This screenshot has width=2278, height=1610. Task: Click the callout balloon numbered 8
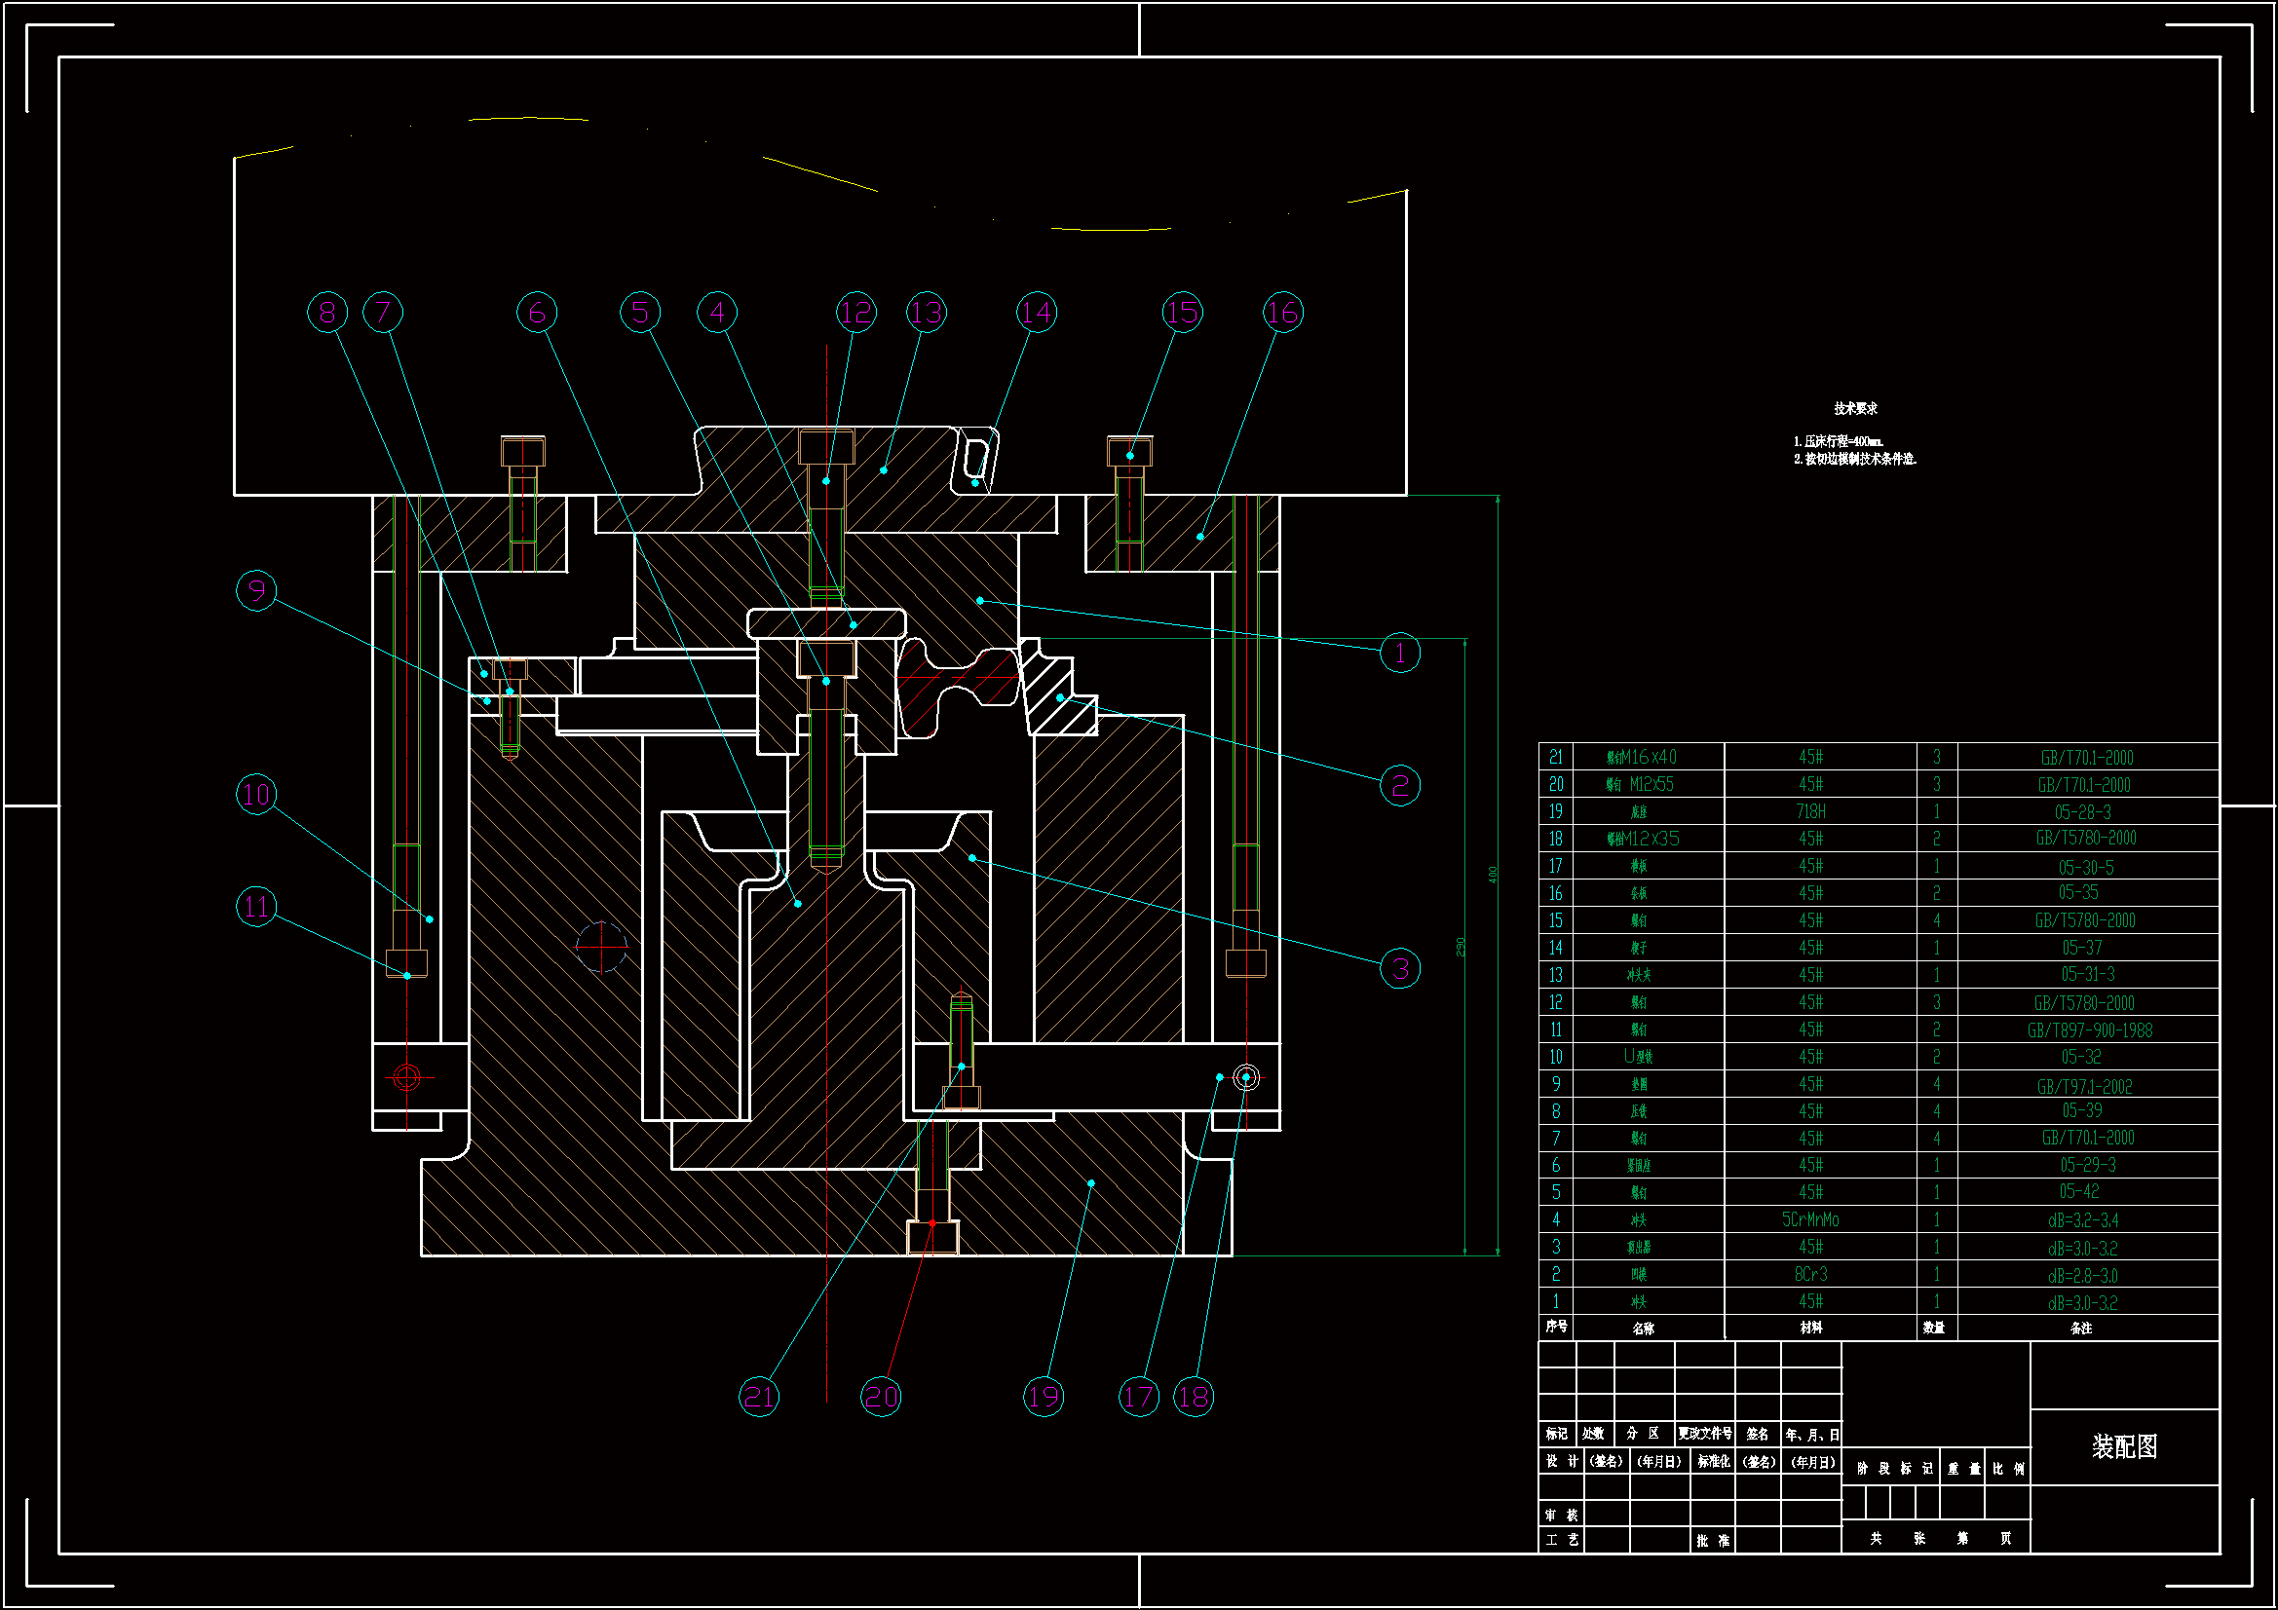click(x=327, y=313)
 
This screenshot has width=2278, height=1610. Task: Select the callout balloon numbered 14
click(x=1037, y=313)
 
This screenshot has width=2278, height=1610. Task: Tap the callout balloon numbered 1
click(x=1400, y=653)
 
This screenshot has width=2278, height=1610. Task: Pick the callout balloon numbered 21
click(x=759, y=1397)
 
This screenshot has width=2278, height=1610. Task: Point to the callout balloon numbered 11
click(x=256, y=907)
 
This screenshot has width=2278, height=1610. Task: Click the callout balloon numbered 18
click(x=1194, y=1397)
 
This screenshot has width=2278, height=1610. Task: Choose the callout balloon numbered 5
click(x=640, y=313)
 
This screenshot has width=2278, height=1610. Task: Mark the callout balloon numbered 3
click(x=1400, y=968)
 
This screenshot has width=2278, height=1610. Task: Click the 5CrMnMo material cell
click(x=1810, y=1219)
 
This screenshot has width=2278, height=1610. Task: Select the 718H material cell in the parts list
click(x=1810, y=811)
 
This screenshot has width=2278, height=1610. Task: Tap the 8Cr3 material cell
click(x=1810, y=1274)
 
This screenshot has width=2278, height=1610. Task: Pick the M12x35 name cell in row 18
click(x=1643, y=839)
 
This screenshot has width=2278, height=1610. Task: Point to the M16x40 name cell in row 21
click(x=1642, y=757)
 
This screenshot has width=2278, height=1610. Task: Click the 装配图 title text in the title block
click(x=2124, y=1446)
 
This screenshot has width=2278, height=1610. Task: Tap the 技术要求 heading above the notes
click(x=1854, y=409)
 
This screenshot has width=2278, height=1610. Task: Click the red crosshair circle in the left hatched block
click(x=601, y=947)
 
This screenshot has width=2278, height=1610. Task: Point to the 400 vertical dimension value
click(x=1493, y=874)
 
